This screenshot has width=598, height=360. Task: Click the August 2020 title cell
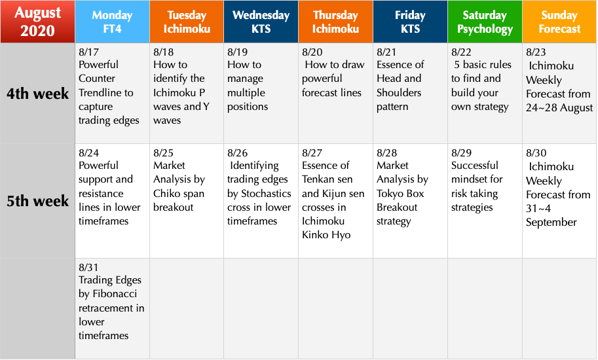(37, 22)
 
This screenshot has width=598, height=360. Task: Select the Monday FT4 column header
(112, 22)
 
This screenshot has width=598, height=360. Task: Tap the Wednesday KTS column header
(261, 22)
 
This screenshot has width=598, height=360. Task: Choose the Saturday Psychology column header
(485, 22)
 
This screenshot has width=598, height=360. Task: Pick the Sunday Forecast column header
(559, 22)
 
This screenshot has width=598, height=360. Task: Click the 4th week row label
(37, 94)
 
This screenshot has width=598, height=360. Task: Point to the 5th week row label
(37, 201)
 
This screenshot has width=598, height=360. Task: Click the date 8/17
(89, 52)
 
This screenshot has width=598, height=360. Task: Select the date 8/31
(89, 268)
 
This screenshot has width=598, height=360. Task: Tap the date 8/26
(238, 153)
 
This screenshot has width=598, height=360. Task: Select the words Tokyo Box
(400, 194)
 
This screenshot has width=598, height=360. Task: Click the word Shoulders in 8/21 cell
(399, 92)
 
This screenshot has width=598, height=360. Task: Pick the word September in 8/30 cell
(551, 223)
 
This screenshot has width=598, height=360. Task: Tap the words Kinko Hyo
(326, 235)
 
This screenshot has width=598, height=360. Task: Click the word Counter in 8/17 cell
(97, 79)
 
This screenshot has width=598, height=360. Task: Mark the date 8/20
(312, 52)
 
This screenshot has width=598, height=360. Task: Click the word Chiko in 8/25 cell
(166, 194)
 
